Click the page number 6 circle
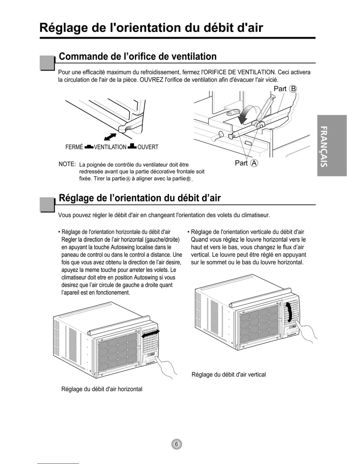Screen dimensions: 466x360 [x=176, y=444]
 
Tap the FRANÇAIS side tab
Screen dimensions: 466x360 [x=332, y=146]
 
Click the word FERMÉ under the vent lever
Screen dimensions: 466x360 [x=74, y=147]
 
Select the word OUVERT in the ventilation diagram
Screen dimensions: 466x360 [x=148, y=147]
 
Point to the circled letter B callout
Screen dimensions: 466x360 [x=293, y=89]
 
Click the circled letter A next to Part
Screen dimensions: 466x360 [x=254, y=163]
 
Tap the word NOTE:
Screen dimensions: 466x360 [x=67, y=164]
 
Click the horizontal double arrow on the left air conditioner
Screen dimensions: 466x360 [x=151, y=334]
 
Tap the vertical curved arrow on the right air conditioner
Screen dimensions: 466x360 [x=290, y=312]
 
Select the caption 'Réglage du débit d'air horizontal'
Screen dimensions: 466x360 [x=102, y=389]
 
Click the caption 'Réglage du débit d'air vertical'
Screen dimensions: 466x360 [x=229, y=375]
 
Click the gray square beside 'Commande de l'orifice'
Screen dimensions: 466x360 [x=47, y=63]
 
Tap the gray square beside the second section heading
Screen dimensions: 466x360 [x=47, y=204]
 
